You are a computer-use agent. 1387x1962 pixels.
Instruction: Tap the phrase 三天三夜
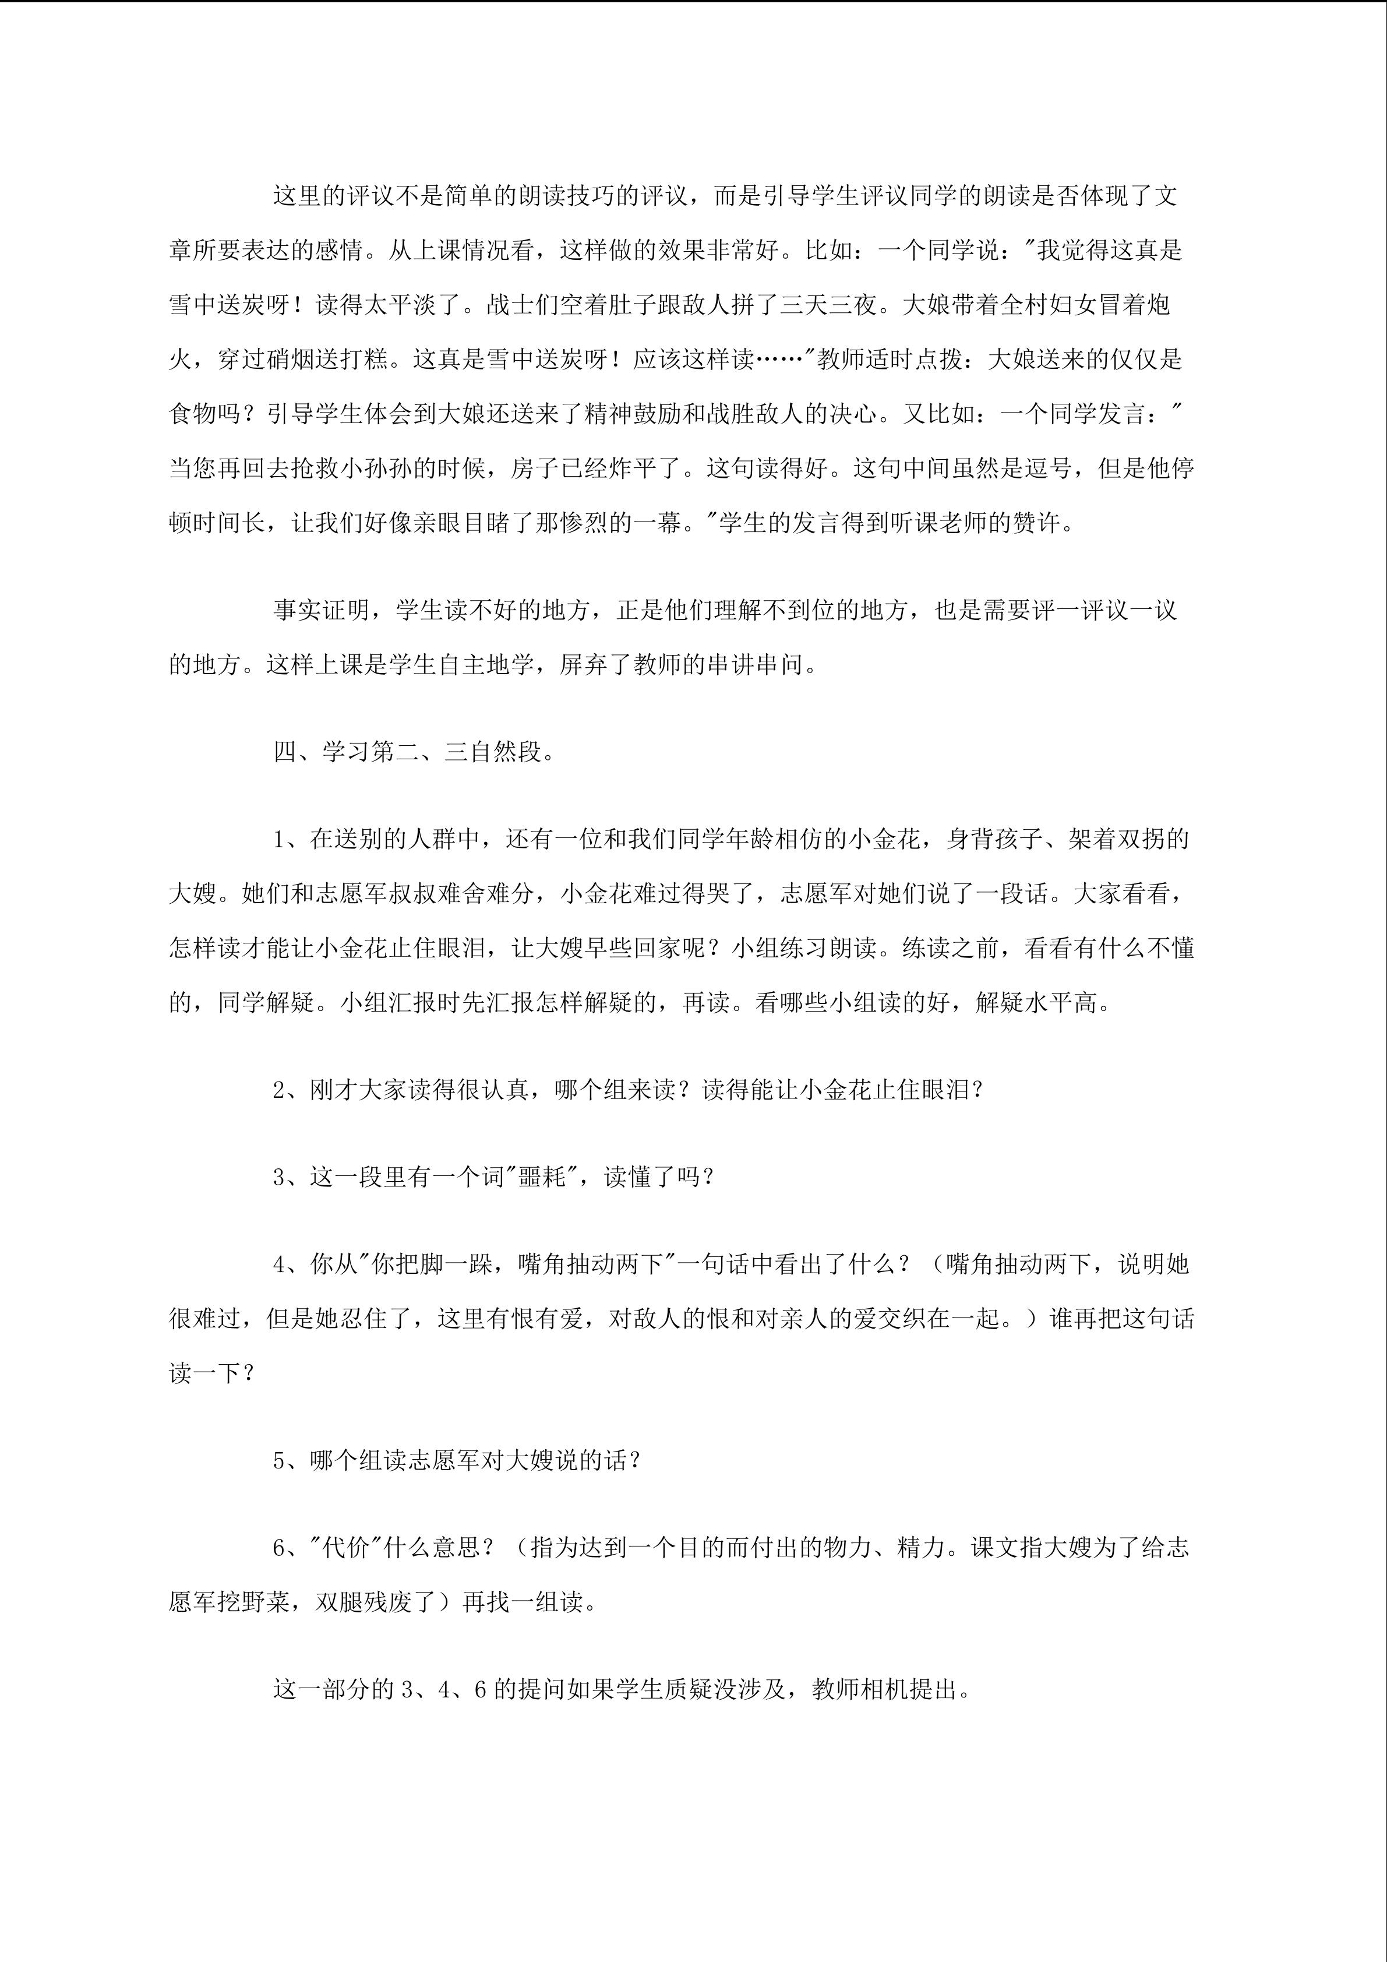[x=828, y=304]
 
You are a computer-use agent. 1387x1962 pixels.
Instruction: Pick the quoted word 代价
[x=347, y=1548]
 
